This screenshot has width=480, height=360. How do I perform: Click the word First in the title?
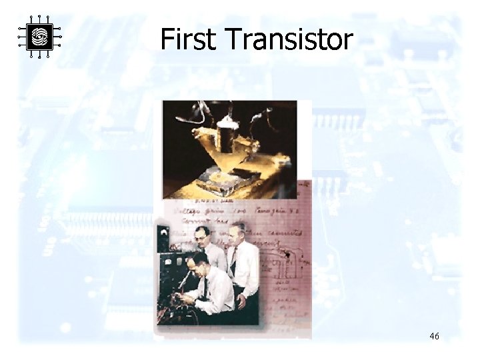point(188,40)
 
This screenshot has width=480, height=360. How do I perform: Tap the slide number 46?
point(434,337)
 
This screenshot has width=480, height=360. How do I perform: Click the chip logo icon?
point(39,37)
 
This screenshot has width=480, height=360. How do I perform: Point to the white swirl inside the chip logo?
point(39,37)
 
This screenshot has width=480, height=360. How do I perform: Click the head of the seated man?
point(199,262)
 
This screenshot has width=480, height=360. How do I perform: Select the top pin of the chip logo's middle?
point(39,17)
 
